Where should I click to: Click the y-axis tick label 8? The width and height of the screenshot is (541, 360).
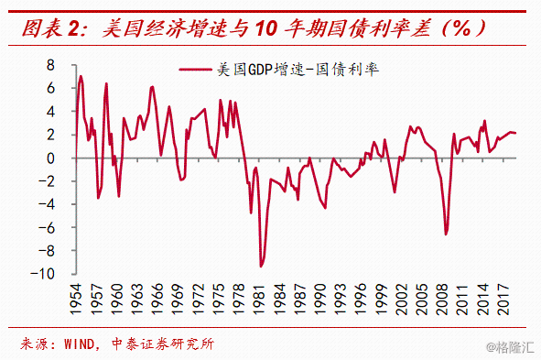click(x=50, y=65)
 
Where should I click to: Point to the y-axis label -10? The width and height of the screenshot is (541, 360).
click(x=43, y=274)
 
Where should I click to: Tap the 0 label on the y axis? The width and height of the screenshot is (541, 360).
click(x=50, y=158)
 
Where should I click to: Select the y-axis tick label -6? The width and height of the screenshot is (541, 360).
click(x=47, y=228)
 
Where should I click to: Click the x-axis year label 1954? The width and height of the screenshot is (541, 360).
click(x=76, y=300)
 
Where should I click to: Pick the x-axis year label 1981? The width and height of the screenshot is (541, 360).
click(x=259, y=300)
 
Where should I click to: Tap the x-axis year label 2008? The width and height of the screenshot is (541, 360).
click(x=442, y=300)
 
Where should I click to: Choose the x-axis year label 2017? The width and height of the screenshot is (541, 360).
click(x=503, y=300)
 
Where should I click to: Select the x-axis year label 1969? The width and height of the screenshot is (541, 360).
click(x=178, y=300)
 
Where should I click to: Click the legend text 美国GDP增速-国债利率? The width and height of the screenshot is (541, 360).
click(x=298, y=70)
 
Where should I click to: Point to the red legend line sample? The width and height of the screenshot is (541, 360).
click(x=195, y=70)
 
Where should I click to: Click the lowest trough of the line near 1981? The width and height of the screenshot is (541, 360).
click(x=261, y=267)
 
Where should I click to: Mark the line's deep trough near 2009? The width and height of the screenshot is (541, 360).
click(x=446, y=234)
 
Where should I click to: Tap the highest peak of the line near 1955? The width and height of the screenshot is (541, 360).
click(x=81, y=76)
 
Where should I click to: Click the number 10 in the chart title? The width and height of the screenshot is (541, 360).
click(x=266, y=28)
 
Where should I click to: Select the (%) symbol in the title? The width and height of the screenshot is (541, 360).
click(x=462, y=28)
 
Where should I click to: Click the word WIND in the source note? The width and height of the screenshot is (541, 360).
click(x=79, y=344)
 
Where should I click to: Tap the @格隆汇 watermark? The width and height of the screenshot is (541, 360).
click(x=510, y=347)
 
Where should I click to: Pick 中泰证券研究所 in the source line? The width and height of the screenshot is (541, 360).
click(x=163, y=344)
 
